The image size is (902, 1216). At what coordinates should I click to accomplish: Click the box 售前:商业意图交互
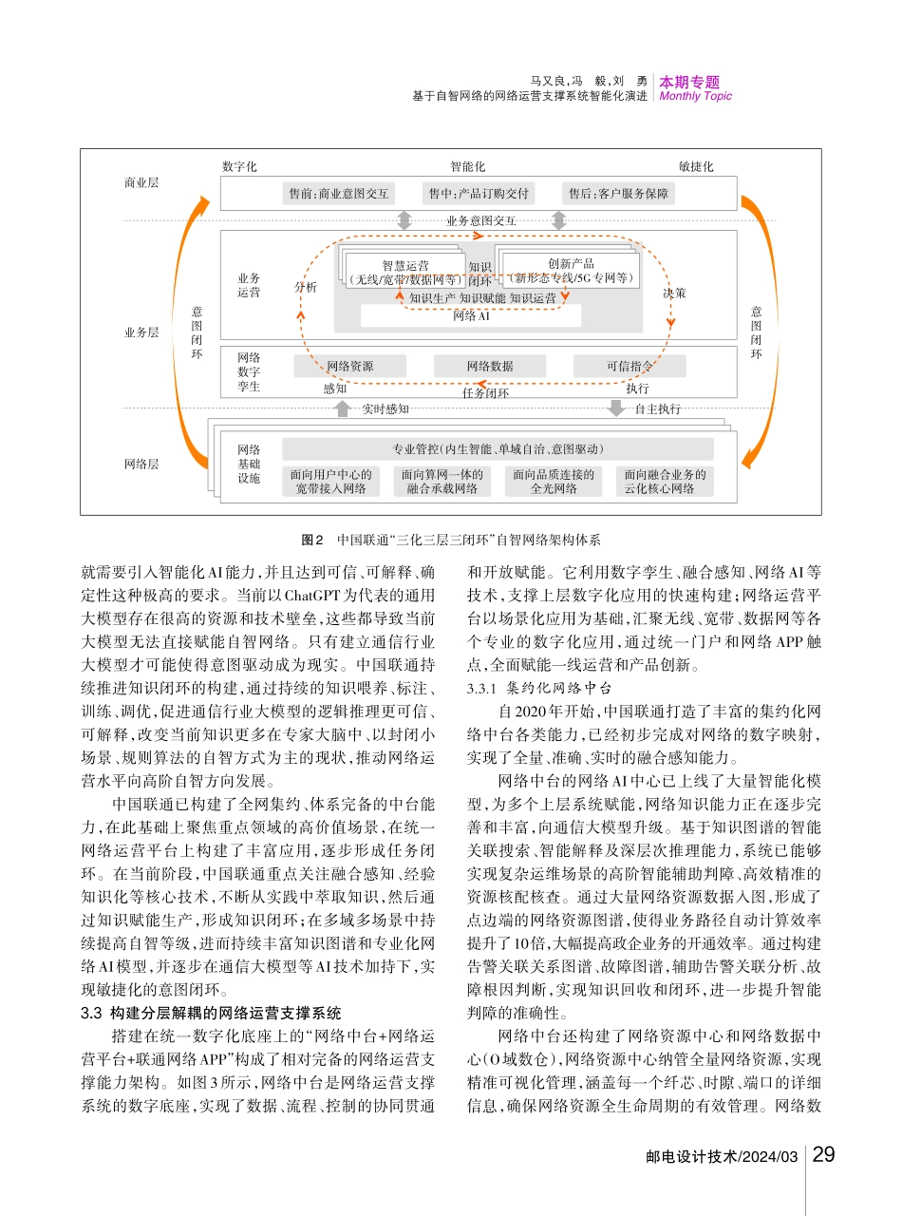point(339,194)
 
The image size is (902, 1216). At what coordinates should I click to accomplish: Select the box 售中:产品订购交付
point(478,194)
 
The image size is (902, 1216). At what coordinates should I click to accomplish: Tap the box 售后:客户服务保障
point(619,194)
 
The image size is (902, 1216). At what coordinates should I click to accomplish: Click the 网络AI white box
point(471,315)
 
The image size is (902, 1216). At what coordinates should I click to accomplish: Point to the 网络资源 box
point(349,366)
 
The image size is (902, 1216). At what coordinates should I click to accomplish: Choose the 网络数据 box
point(490,366)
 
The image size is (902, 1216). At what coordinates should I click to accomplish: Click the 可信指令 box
point(629,366)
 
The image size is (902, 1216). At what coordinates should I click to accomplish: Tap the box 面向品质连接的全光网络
point(554,481)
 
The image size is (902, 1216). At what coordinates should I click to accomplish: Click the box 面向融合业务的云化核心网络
point(666,481)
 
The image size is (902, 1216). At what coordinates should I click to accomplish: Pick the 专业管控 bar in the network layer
point(498,448)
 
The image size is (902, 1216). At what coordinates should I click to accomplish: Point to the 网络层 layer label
point(141,465)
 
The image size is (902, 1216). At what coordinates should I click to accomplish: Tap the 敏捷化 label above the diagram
point(696,167)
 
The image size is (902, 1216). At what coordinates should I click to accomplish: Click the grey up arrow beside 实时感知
point(342,408)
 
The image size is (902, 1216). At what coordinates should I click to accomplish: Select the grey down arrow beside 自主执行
point(616,408)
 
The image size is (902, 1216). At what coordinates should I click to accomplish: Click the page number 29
point(824,1155)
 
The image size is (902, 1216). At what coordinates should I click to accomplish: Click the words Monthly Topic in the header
point(695,96)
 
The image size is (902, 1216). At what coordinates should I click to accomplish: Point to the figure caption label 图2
point(312,540)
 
